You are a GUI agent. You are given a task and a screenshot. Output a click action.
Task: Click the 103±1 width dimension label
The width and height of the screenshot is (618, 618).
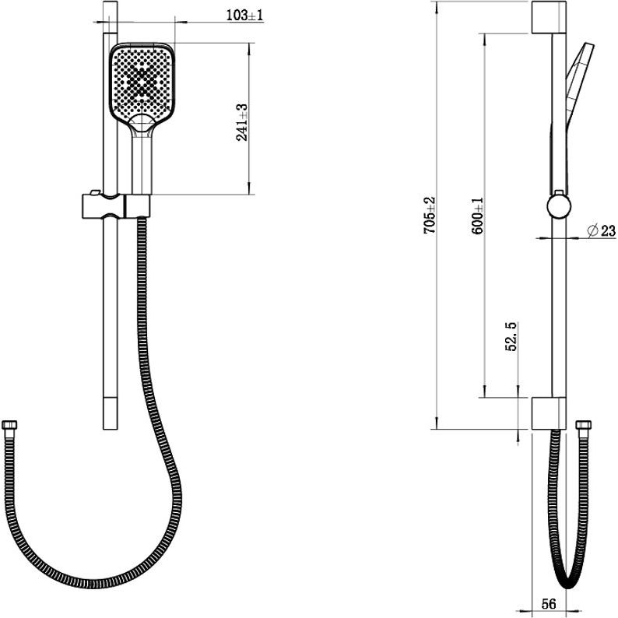pos(244,15)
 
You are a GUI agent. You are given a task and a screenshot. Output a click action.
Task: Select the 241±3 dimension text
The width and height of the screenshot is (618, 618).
pos(241,122)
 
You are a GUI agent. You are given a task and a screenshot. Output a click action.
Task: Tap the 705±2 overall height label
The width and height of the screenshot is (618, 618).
pos(429,215)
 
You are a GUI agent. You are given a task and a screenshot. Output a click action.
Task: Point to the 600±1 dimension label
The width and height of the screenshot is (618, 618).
pos(478,216)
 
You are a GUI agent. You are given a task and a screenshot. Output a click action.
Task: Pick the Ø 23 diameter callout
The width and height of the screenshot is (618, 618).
pos(601,230)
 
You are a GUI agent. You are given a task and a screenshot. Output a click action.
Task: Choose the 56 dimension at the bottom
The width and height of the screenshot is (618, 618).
pos(549,604)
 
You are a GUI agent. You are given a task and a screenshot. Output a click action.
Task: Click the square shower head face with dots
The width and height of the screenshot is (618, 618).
pos(142,83)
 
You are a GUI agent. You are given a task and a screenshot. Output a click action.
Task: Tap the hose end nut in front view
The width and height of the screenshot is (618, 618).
pos(9,425)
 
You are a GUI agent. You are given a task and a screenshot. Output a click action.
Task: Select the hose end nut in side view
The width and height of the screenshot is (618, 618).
pos(583,425)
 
